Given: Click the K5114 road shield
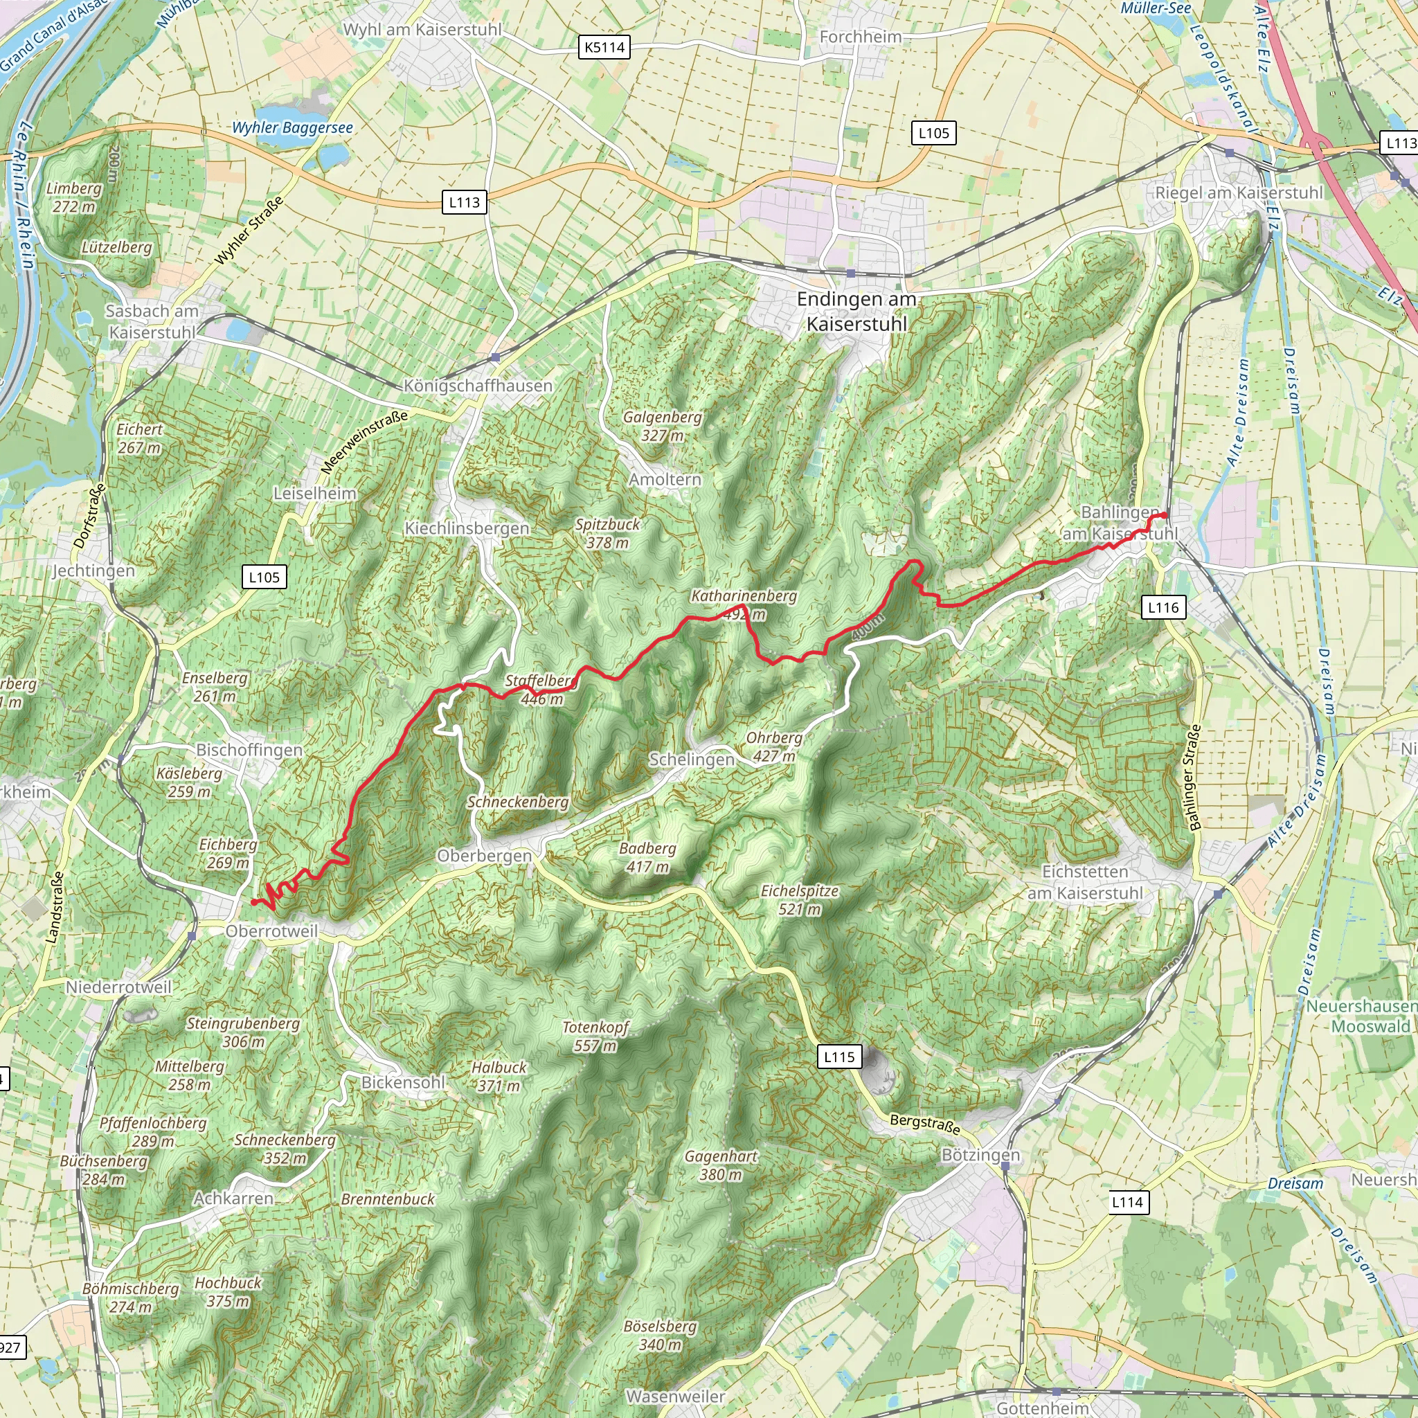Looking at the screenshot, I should pyautogui.click(x=604, y=48).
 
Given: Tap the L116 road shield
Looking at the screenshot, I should pyautogui.click(x=1163, y=607).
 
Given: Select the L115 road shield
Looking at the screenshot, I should pyautogui.click(x=839, y=1057).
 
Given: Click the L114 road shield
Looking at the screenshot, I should pyautogui.click(x=1127, y=1201).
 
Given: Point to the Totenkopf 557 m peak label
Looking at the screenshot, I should pyautogui.click(x=595, y=1036).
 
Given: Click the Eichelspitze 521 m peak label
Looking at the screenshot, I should pyautogui.click(x=799, y=900).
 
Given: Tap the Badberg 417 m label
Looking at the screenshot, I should pyautogui.click(x=647, y=857).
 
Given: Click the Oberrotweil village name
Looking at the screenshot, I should pyautogui.click(x=271, y=931).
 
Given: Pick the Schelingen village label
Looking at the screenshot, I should pyautogui.click(x=692, y=760).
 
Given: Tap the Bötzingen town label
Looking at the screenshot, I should pyautogui.click(x=980, y=1156).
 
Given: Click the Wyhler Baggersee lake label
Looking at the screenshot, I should pyautogui.click(x=292, y=127).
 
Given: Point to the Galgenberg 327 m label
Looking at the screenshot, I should pyautogui.click(x=662, y=426).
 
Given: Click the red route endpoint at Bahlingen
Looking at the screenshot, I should pyautogui.click(x=1165, y=515).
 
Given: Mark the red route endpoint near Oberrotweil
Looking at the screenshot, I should pyautogui.click(x=253, y=902).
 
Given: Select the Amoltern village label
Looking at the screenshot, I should pyautogui.click(x=665, y=479).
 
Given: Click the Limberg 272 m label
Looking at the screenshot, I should pyautogui.click(x=73, y=197).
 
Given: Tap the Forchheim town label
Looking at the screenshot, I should pyautogui.click(x=860, y=37).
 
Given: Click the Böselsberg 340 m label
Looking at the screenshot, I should pyautogui.click(x=660, y=1335).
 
